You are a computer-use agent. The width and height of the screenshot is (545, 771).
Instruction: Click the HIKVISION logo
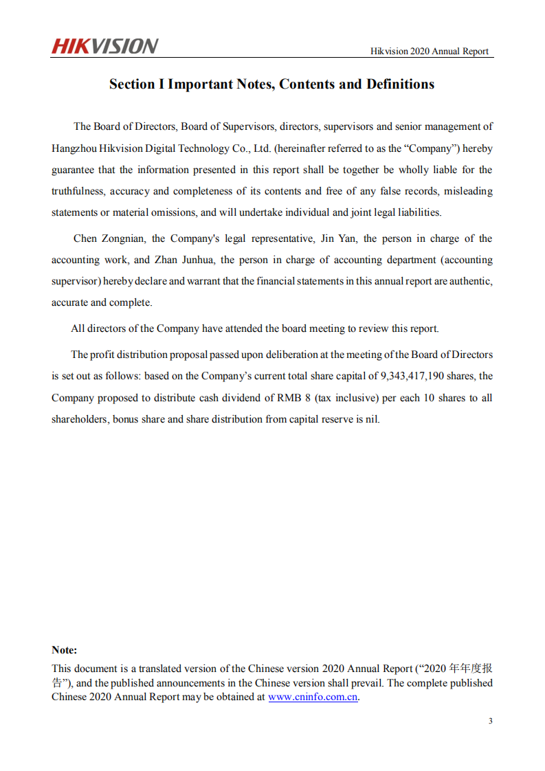(x=104, y=47)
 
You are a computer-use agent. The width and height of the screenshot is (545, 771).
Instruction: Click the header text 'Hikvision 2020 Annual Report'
(x=430, y=51)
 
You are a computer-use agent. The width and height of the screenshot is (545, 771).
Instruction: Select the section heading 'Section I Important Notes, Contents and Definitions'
(x=271, y=85)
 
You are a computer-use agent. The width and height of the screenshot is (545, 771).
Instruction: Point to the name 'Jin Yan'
(x=338, y=238)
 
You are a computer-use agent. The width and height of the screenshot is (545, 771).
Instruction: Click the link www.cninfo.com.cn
(x=313, y=696)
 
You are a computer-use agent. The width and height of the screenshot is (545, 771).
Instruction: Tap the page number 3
(x=490, y=721)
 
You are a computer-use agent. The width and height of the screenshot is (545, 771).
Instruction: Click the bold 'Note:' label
(x=65, y=650)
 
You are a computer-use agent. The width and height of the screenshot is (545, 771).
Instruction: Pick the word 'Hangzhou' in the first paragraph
(x=73, y=148)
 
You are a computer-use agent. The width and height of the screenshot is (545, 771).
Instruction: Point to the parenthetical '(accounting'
(x=467, y=260)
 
